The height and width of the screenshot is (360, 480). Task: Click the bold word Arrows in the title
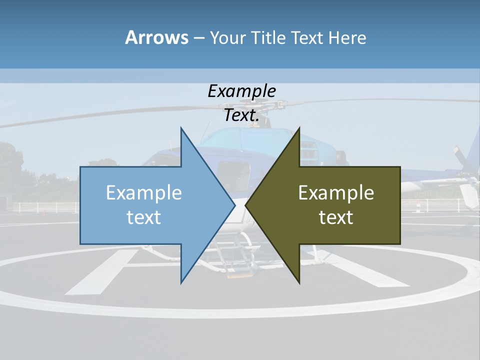[x=156, y=37]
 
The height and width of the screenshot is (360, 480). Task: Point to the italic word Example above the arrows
[x=241, y=91]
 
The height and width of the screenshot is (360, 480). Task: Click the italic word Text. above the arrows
[x=241, y=115]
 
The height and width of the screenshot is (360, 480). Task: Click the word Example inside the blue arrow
[x=144, y=192]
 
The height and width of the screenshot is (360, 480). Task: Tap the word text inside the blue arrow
[x=144, y=217]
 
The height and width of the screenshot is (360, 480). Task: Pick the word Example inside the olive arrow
[x=336, y=192]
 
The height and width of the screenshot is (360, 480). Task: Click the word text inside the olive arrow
[x=336, y=217]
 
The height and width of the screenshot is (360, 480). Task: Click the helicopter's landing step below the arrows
[x=238, y=270]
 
